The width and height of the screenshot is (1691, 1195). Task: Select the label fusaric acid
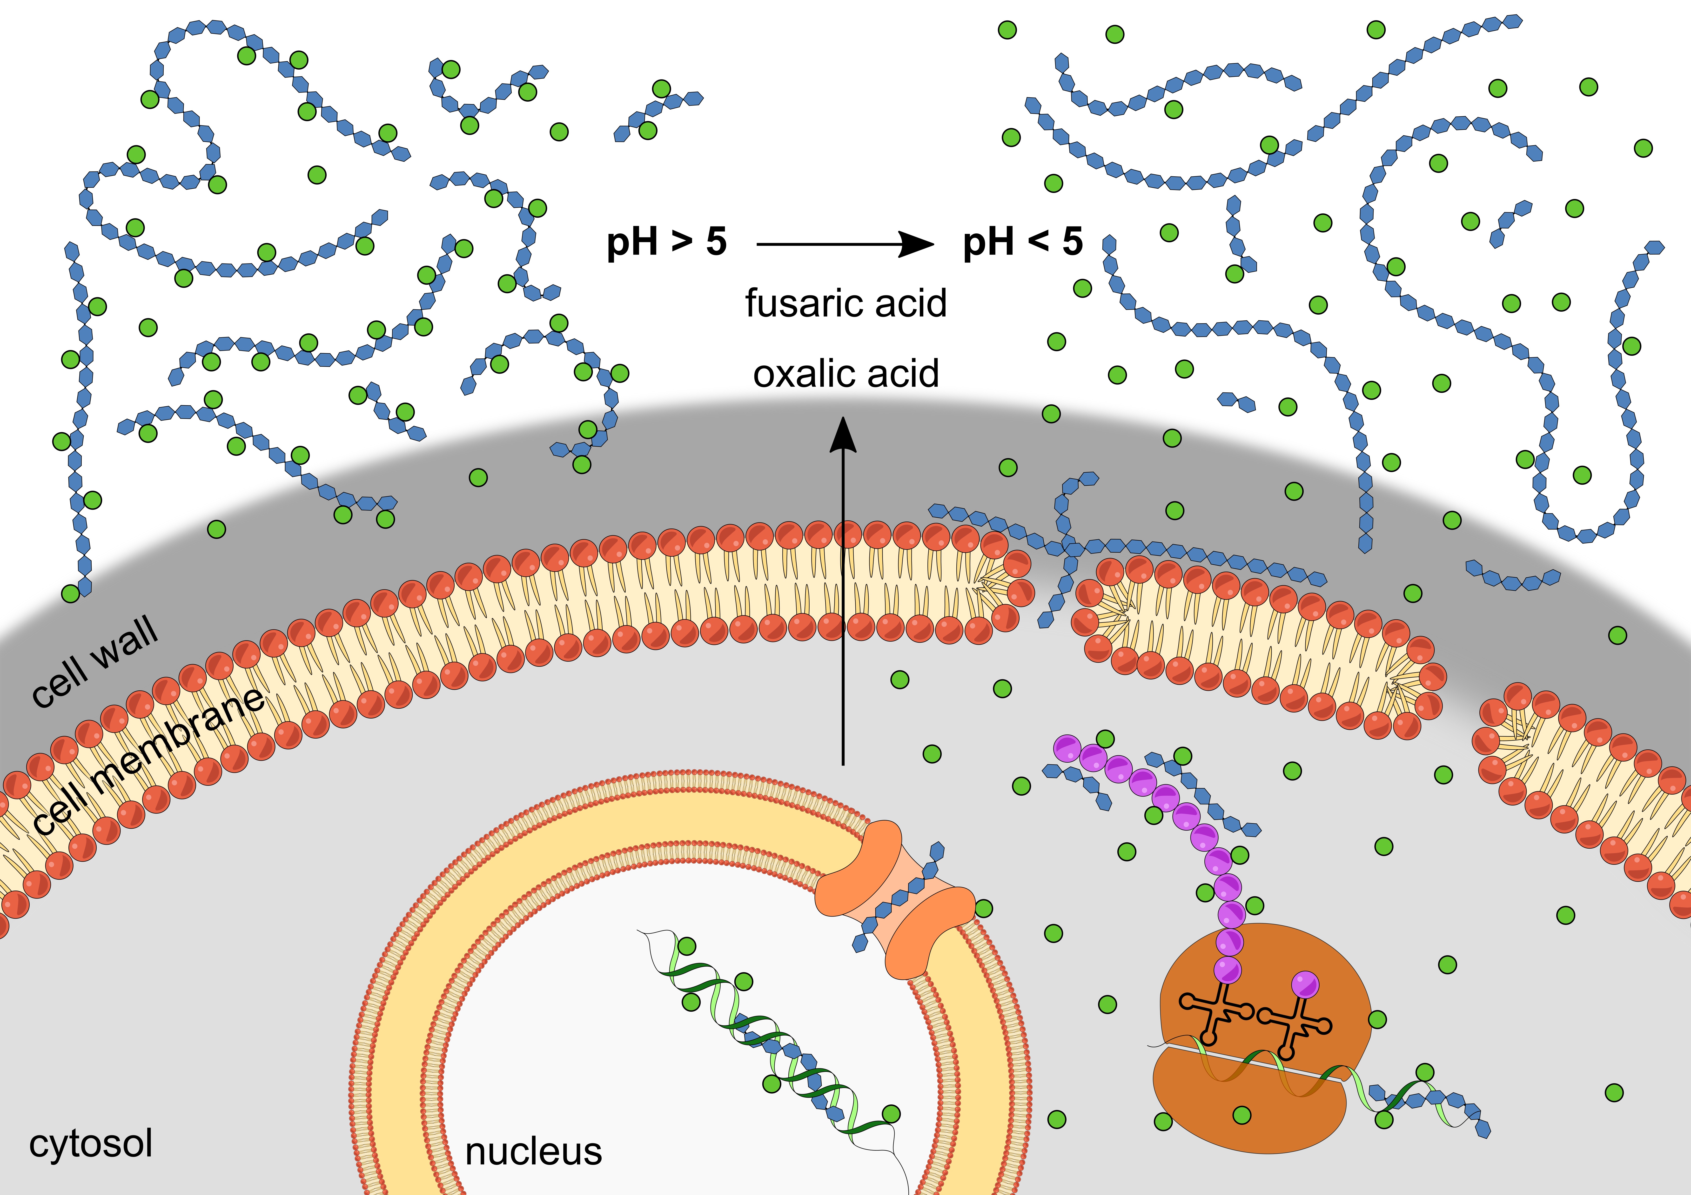click(x=845, y=303)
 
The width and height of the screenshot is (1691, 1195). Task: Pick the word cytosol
click(x=91, y=1143)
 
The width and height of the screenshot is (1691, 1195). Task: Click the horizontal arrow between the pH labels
click(x=843, y=244)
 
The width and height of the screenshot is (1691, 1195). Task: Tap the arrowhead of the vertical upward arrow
click(x=843, y=434)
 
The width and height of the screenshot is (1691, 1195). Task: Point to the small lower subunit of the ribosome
click(x=1245, y=1104)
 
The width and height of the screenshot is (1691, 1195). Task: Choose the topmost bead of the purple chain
click(x=1066, y=748)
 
